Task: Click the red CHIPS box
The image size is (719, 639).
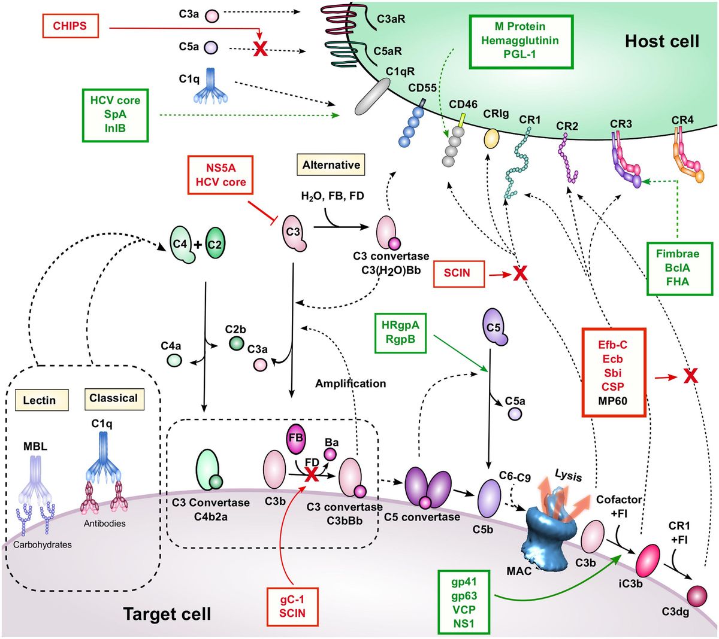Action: tap(70, 26)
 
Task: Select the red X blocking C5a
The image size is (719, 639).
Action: tap(260, 50)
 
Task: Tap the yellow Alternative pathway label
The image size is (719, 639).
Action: tap(331, 165)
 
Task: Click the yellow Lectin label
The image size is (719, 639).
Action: tap(39, 400)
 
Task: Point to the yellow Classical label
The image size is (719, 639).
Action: tap(113, 398)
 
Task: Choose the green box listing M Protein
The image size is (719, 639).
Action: tap(521, 41)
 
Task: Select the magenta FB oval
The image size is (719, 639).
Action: tap(296, 437)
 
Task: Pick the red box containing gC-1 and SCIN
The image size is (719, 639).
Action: tap(292, 605)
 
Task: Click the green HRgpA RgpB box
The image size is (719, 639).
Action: tap(401, 332)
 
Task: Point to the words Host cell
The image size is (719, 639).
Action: tap(661, 41)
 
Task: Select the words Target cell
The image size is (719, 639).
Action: tap(167, 614)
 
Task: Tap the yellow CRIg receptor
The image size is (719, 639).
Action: tap(491, 139)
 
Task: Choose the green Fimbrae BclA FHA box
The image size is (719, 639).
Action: tap(679, 268)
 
